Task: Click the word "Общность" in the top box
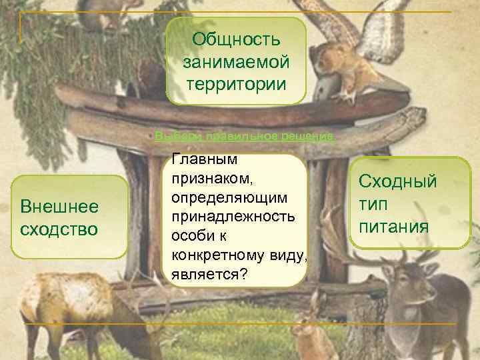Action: pyautogui.click(x=236, y=38)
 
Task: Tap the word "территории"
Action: pyautogui.click(x=236, y=85)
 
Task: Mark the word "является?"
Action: pyautogui.click(x=209, y=273)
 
